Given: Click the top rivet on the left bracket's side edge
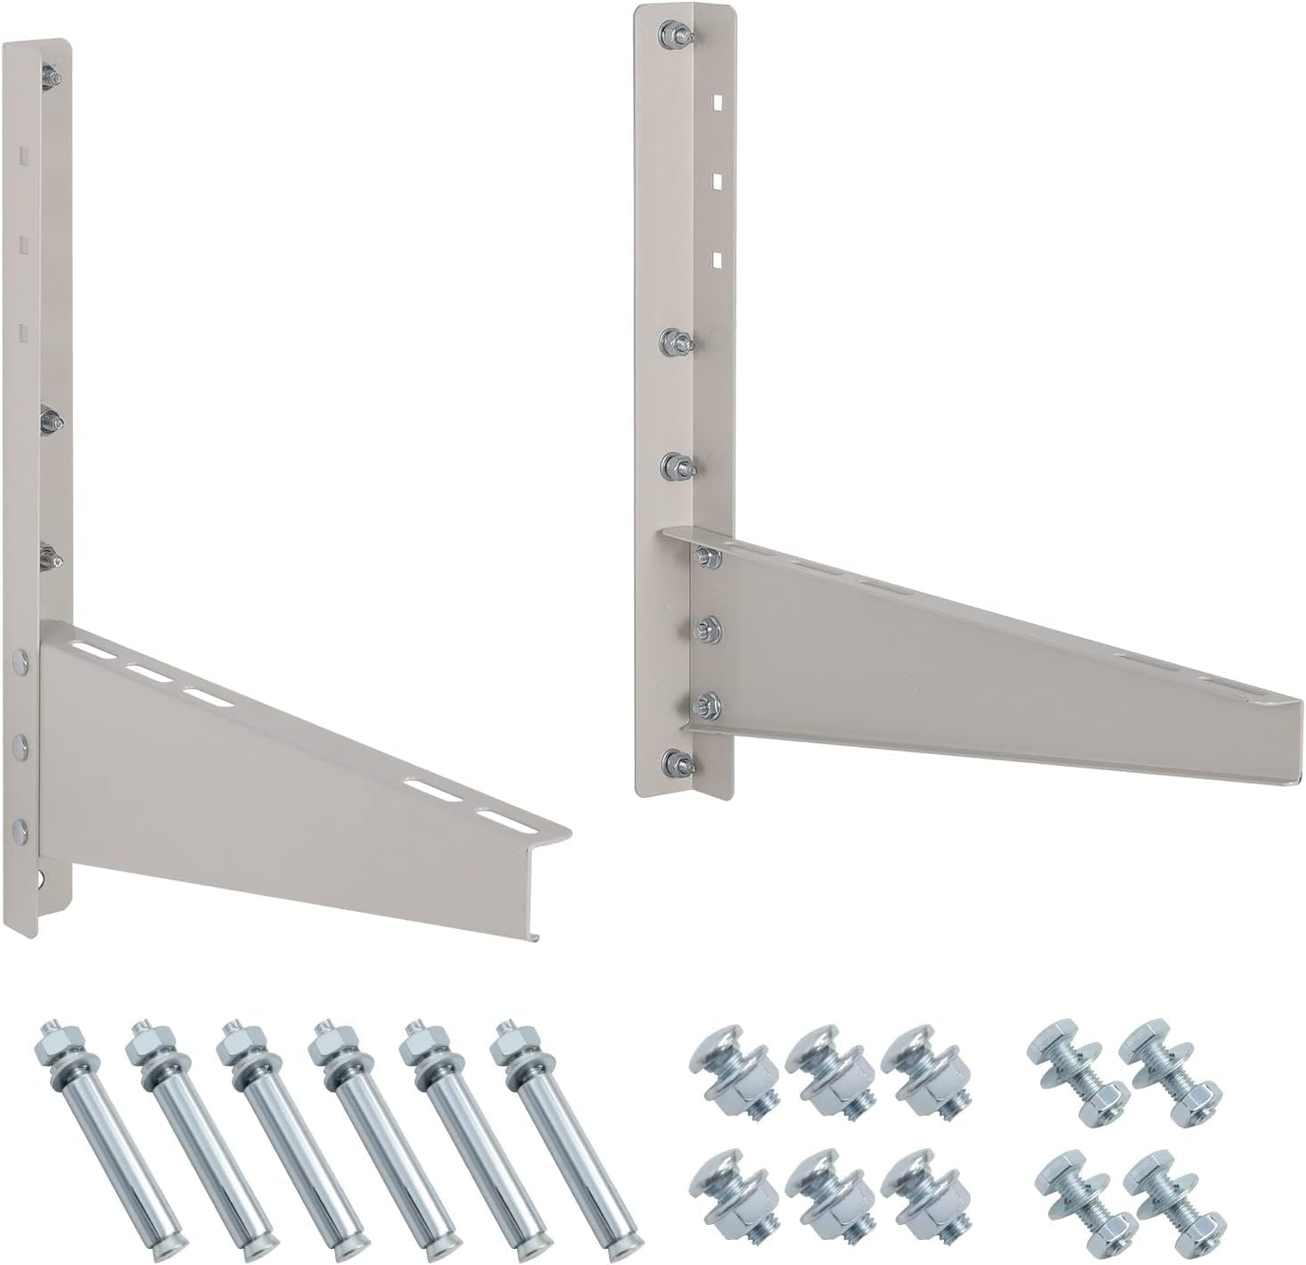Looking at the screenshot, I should coord(20,662).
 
